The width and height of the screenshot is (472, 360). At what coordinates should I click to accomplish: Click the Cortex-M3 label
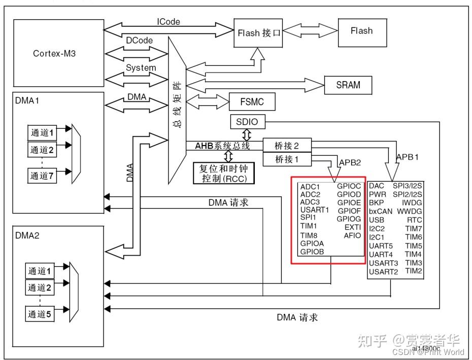click(54, 54)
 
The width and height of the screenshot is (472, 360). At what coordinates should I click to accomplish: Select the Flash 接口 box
click(258, 33)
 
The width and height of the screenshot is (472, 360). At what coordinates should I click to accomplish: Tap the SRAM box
click(348, 85)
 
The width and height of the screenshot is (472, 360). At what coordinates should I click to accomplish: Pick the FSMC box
click(252, 102)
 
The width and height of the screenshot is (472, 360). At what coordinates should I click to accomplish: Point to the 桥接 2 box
click(287, 146)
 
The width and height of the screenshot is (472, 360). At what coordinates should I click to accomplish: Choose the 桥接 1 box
click(287, 159)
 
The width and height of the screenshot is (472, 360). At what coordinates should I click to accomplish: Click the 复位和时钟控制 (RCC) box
click(224, 173)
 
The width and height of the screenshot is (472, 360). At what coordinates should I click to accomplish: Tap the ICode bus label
click(168, 22)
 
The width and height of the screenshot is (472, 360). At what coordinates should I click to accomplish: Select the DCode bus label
click(139, 40)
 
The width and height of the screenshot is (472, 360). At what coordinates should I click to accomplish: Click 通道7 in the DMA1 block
click(42, 175)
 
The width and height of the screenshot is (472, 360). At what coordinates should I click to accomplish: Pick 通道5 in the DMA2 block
click(40, 314)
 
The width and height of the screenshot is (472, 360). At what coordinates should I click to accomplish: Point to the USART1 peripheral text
click(315, 209)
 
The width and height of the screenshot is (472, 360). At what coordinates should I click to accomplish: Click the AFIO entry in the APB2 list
click(352, 235)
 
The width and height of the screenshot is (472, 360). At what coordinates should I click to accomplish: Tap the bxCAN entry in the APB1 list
click(381, 211)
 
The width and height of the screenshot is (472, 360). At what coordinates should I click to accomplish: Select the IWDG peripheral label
click(412, 203)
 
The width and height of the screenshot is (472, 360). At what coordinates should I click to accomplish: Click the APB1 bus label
click(407, 157)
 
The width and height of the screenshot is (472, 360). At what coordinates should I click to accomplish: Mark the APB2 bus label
click(350, 162)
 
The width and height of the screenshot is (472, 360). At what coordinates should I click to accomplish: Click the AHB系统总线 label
click(222, 146)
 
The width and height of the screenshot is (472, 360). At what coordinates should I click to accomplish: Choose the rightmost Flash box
click(362, 32)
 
